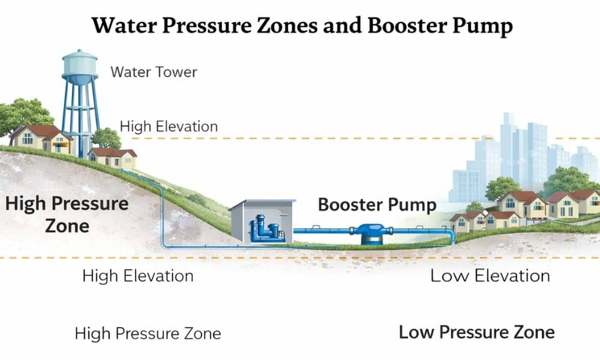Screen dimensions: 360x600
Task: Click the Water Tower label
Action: [x=154, y=72]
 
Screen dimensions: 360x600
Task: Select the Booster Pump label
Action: [x=377, y=205]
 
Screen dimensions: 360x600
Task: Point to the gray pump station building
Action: [x=262, y=221]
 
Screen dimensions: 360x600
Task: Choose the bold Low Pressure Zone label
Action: [x=476, y=332]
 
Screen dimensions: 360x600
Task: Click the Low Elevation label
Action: [x=490, y=276]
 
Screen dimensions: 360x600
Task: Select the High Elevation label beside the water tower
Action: [x=169, y=127]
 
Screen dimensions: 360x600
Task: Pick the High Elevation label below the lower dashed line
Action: [x=137, y=276]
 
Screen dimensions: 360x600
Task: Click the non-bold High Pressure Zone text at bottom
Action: [x=148, y=333]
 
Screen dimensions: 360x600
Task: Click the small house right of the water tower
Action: [x=113, y=158]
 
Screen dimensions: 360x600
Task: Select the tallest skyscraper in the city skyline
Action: [x=508, y=150]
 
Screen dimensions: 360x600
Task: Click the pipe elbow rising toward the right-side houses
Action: [x=452, y=236]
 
